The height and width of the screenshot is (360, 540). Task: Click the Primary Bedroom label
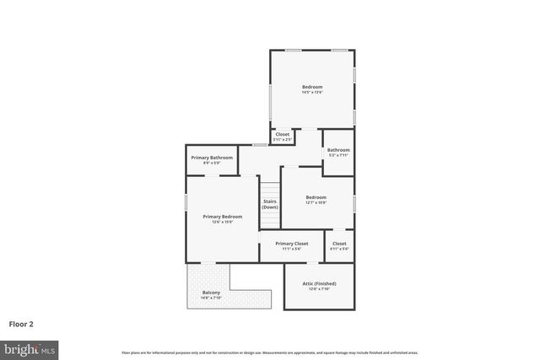[x=223, y=217]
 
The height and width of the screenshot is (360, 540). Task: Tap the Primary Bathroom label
[x=212, y=158]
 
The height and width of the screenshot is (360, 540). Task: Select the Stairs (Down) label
[x=270, y=204]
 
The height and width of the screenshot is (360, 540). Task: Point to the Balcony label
[x=211, y=293]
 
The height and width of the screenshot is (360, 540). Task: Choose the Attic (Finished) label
[x=319, y=284]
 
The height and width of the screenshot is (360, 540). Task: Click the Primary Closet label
[x=292, y=244]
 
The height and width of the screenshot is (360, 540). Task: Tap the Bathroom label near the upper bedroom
[x=338, y=150]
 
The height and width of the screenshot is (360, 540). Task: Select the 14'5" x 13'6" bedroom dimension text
[x=312, y=92]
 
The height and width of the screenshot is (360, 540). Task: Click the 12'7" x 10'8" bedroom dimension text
[x=316, y=202]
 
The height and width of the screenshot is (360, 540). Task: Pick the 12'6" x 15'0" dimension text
[x=223, y=222]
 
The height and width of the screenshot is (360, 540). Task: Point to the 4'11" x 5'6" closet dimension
[x=339, y=249]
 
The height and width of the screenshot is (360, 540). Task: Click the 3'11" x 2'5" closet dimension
[x=282, y=139]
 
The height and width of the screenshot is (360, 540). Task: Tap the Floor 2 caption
[x=21, y=323]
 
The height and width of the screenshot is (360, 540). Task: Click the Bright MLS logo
[x=30, y=348]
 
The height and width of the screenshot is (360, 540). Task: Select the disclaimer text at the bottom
[x=269, y=352]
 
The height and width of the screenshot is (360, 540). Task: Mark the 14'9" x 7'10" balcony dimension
[x=211, y=298]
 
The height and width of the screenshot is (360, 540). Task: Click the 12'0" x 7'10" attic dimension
[x=319, y=289]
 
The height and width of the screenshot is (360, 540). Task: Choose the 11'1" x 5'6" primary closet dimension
[x=292, y=249]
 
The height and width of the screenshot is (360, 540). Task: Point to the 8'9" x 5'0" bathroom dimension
[x=212, y=163]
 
